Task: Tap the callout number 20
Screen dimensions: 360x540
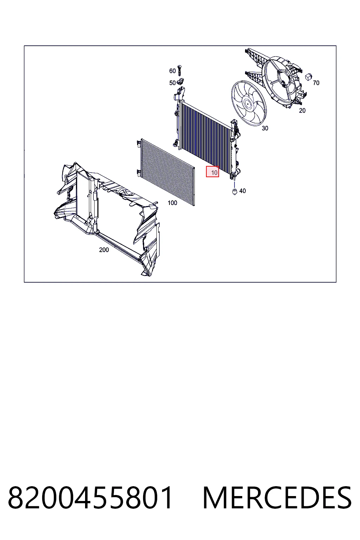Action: coord(302,110)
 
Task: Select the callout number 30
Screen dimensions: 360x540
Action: coord(265,128)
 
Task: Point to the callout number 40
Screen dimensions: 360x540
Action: coord(242,191)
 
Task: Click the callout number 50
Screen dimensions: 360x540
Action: coord(172,83)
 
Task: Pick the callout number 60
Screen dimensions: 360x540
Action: coord(172,71)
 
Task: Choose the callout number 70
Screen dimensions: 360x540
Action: coord(316,83)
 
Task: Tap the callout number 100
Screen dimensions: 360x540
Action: coord(172,203)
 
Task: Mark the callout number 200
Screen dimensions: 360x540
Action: coord(104,250)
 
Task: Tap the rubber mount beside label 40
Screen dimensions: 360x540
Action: coord(234,192)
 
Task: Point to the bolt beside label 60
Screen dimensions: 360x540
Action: coord(179,70)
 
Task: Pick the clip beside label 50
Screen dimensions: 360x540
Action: coord(180,81)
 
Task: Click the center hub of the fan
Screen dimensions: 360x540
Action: coord(247,103)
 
